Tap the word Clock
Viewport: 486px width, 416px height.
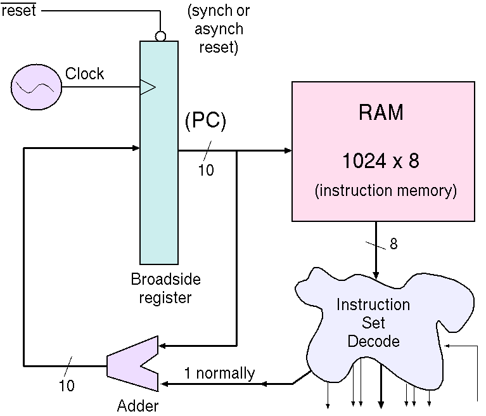[85, 74]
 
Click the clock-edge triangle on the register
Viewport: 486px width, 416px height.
[147, 88]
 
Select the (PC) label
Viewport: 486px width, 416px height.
[205, 121]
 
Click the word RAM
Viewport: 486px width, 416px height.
[380, 113]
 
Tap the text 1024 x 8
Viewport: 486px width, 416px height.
[380, 161]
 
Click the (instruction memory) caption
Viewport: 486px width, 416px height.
[385, 190]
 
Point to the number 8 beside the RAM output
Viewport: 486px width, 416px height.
[393, 244]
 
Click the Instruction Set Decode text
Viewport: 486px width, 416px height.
[373, 323]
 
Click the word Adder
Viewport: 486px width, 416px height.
[137, 406]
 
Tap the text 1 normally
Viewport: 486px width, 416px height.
[219, 374]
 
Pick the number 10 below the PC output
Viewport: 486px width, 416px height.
[206, 170]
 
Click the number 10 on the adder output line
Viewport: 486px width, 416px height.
[66, 385]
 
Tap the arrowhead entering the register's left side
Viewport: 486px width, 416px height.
[136, 148]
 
